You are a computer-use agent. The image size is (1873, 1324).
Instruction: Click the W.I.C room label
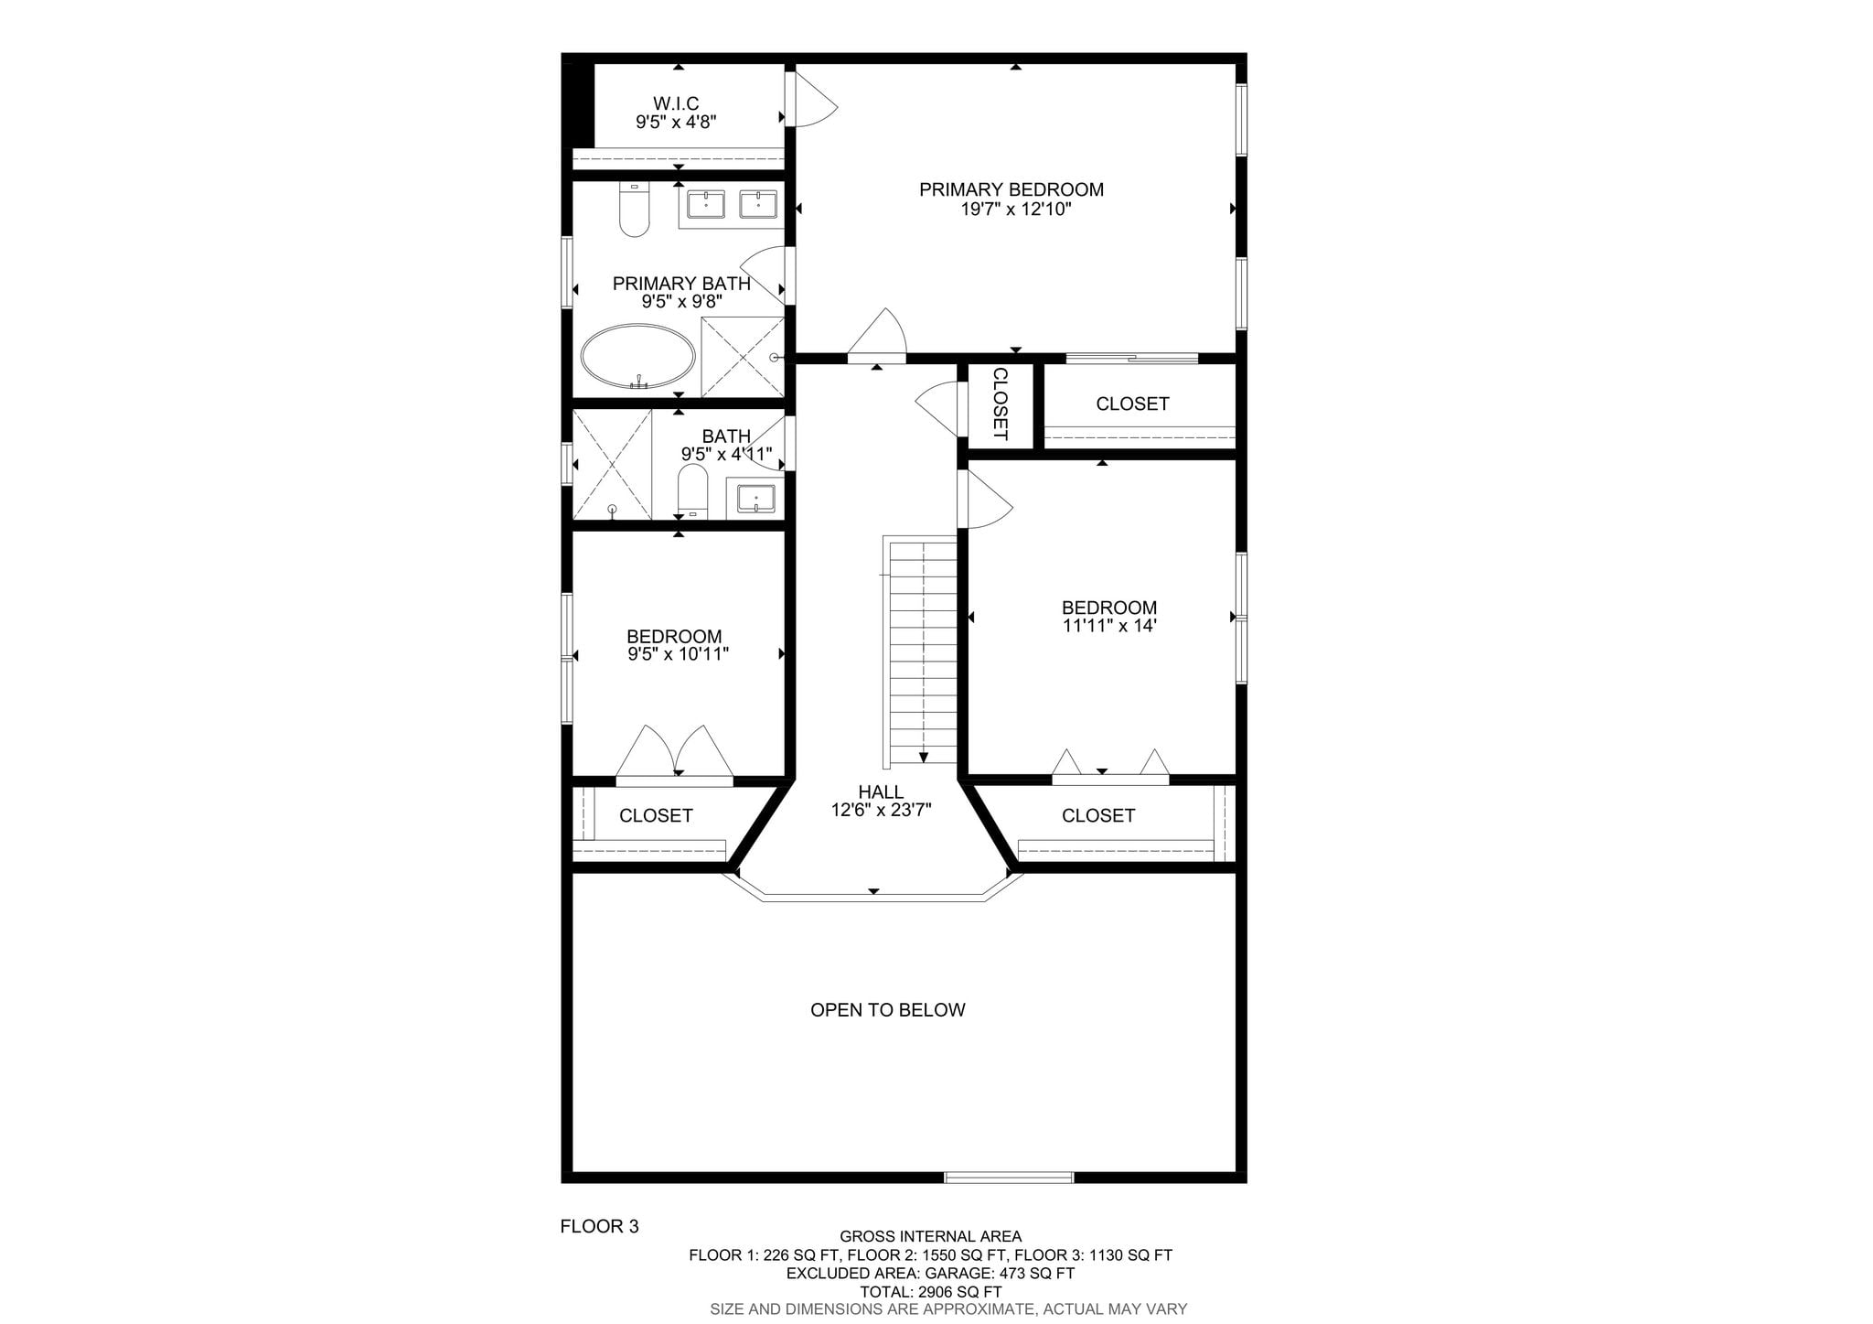pyautogui.click(x=676, y=104)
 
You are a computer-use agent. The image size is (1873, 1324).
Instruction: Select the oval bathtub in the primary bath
pyautogui.click(x=638, y=357)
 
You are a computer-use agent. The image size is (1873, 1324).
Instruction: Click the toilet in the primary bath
pyautogui.click(x=634, y=210)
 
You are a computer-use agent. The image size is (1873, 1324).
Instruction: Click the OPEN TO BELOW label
pyautogui.click(x=888, y=1010)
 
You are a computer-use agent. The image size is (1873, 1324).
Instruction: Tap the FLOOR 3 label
pyautogui.click(x=599, y=1227)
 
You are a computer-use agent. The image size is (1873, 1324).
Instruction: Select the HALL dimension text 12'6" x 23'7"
pyautogui.click(x=882, y=810)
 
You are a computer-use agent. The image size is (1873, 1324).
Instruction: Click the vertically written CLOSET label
pyautogui.click(x=1001, y=404)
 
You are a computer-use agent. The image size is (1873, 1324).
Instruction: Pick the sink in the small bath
pyautogui.click(x=756, y=500)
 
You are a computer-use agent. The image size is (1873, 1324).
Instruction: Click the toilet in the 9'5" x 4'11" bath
pyautogui.click(x=692, y=490)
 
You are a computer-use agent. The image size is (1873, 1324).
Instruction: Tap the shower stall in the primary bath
pyautogui.click(x=743, y=357)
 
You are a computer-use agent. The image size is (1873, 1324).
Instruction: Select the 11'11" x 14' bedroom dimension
pyautogui.click(x=1109, y=627)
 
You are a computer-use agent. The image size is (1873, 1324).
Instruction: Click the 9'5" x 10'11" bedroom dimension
pyautogui.click(x=678, y=654)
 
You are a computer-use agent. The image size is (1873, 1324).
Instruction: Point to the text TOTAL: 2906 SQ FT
pyautogui.click(x=930, y=1292)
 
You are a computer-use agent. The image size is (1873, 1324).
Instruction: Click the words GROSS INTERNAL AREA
pyautogui.click(x=930, y=1237)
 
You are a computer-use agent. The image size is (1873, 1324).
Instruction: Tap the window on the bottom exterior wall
pyautogui.click(x=1009, y=1178)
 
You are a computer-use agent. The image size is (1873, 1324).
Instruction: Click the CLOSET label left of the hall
pyautogui.click(x=656, y=815)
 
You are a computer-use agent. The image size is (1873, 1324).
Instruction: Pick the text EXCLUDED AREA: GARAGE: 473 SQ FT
pyautogui.click(x=930, y=1274)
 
